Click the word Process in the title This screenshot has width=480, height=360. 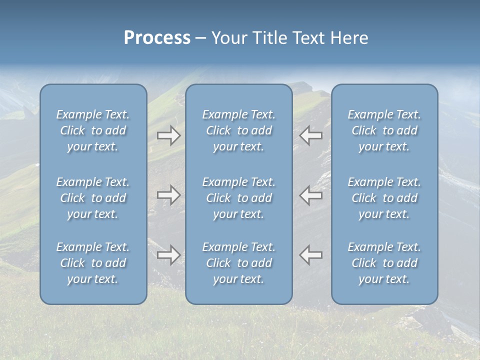point(157,38)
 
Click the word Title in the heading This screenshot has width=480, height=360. point(266,38)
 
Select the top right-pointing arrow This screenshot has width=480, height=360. point(169,135)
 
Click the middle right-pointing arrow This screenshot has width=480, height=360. point(169,195)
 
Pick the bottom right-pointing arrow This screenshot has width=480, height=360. point(169,255)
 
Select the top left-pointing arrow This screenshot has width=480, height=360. point(311,135)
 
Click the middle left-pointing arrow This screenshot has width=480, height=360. point(311,195)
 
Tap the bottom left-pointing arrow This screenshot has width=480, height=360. point(311,255)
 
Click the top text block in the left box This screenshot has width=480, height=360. point(93,130)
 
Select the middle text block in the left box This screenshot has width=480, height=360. point(93,198)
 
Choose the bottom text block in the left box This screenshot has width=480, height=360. point(93,263)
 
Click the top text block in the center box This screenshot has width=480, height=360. point(239,130)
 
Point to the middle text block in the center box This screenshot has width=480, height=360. point(239,198)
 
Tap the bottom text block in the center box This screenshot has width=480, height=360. point(239,263)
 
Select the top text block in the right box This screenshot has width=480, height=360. point(384,130)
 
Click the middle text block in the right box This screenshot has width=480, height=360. point(384,198)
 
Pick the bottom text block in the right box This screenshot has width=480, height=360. point(384,263)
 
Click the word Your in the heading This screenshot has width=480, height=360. point(228,38)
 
